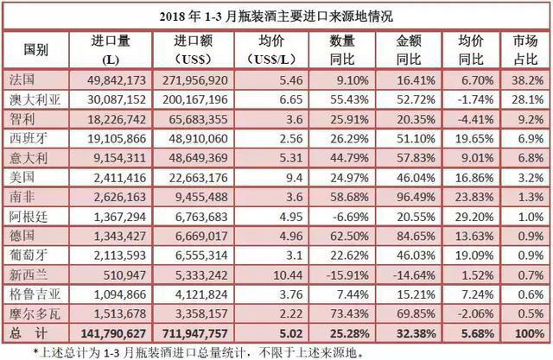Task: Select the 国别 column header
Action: tap(35, 48)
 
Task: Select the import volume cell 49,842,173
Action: tap(110, 79)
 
